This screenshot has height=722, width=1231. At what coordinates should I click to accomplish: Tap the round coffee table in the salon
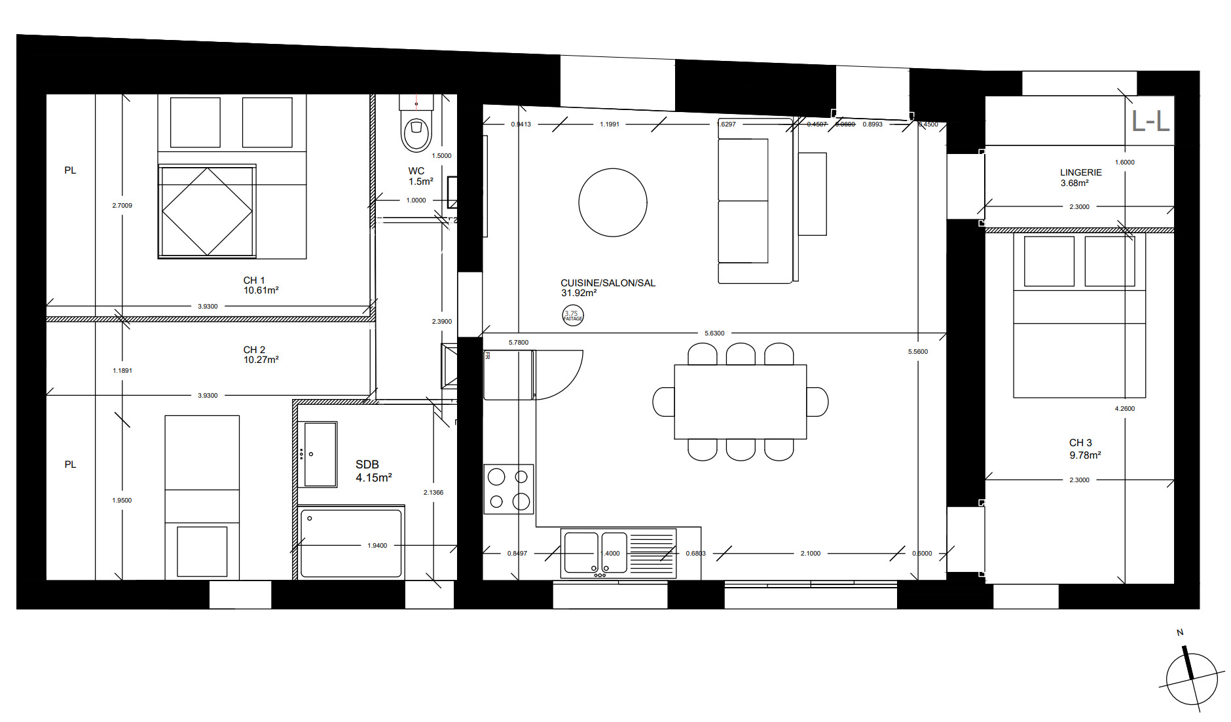(613, 202)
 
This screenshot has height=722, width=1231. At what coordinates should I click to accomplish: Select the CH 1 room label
(261, 285)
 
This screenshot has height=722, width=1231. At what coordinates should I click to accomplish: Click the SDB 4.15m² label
(373, 471)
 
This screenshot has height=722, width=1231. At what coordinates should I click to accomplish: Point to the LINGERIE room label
(1080, 178)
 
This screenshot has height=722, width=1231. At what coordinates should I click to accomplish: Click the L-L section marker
(1150, 121)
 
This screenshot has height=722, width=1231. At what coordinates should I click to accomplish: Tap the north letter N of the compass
(1180, 632)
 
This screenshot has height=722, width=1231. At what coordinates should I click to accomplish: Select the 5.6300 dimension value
(714, 333)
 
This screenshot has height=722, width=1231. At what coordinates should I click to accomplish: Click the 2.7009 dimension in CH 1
(122, 206)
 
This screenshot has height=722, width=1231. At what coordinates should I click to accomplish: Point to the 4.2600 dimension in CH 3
(1124, 409)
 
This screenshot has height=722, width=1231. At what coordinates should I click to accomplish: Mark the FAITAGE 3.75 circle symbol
(573, 316)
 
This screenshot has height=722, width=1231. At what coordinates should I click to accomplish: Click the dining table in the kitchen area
(740, 402)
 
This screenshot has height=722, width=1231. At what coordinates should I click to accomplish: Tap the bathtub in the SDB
(351, 543)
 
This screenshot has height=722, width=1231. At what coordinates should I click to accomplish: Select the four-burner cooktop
(509, 489)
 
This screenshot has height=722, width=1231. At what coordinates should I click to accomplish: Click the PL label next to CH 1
(70, 170)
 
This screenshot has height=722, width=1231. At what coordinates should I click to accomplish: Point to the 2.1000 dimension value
(810, 554)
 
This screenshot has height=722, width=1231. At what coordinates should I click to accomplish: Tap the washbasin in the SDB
(320, 454)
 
